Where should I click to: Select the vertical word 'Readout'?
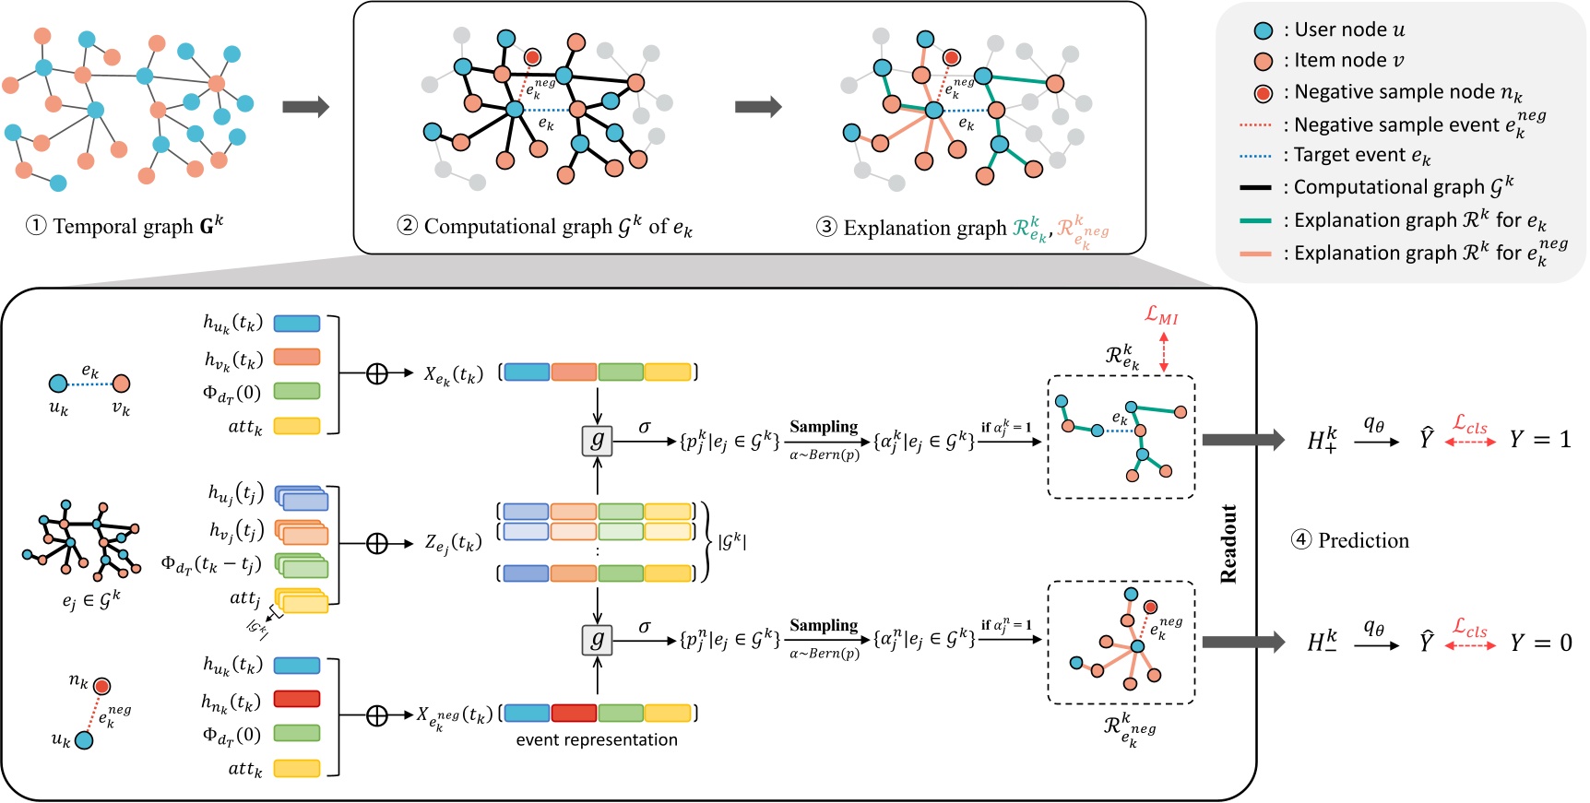click(x=1228, y=544)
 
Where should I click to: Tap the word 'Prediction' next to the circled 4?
click(x=1363, y=540)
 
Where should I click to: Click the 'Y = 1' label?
click(x=1539, y=440)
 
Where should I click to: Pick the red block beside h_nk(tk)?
click(x=297, y=700)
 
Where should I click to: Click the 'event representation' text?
click(x=597, y=739)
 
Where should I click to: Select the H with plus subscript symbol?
click(x=1322, y=440)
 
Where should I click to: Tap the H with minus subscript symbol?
click(x=1322, y=643)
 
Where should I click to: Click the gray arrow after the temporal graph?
click(x=305, y=107)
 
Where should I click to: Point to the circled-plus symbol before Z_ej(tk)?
click(x=376, y=543)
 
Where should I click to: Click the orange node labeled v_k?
click(x=121, y=383)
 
